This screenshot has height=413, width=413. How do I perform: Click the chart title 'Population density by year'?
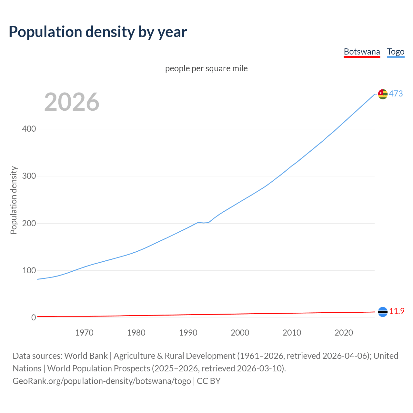(98, 32)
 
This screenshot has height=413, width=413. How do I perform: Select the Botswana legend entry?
(362, 52)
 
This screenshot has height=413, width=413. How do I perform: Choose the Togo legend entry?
(396, 52)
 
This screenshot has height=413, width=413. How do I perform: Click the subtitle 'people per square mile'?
(206, 68)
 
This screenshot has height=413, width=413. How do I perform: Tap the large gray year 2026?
(72, 102)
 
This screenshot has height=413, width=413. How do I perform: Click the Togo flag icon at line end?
(383, 94)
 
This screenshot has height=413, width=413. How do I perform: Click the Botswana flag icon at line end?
(383, 312)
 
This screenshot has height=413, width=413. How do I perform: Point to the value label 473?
(396, 94)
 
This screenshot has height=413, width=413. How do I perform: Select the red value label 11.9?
(397, 311)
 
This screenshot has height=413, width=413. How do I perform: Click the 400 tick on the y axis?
(29, 129)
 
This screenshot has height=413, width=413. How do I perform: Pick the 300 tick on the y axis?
(29, 176)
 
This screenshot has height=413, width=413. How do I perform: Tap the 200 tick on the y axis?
(29, 223)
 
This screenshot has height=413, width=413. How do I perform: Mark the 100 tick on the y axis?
(29, 270)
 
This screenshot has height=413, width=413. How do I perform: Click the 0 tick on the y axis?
(34, 317)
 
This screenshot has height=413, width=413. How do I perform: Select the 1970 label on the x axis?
(84, 333)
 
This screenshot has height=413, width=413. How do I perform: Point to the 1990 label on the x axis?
(188, 333)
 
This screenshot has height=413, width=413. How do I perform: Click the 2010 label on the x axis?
(292, 333)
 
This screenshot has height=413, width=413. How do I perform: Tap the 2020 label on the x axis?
(344, 333)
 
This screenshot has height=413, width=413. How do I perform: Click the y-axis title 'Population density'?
(14, 200)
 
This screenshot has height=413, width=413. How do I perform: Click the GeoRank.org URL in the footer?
(102, 381)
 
